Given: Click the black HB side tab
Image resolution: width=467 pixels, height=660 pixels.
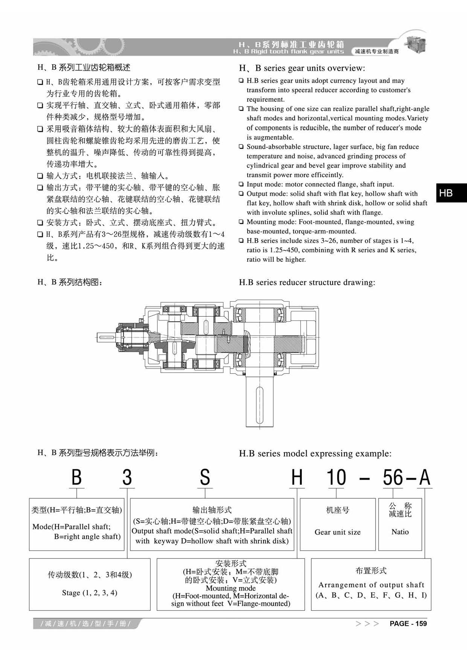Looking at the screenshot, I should coord(451,193).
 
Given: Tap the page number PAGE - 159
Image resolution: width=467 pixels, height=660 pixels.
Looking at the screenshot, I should coord(408,624).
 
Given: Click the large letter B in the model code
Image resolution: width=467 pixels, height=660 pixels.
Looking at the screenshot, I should coord(76,478).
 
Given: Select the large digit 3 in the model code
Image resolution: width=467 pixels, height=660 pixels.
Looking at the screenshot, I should coord(127,478).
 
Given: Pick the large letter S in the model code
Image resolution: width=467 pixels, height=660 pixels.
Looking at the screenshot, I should coord(205,478).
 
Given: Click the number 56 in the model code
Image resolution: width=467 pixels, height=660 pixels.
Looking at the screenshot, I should coord(393,478).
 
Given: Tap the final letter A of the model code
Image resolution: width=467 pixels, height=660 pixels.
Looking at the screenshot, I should coord(424,478).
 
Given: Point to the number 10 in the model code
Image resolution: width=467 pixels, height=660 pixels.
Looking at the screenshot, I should coord(336,478).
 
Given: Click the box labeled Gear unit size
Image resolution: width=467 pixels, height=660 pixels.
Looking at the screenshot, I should coord(338,524).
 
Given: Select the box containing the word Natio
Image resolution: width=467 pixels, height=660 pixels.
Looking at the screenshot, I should coord(400,524).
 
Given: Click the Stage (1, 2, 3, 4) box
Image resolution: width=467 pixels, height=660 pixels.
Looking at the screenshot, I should coord(90,584).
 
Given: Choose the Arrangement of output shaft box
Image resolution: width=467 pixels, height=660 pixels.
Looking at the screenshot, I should coord(371,584).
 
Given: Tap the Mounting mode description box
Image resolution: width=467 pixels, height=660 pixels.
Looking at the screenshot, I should coord(231,584).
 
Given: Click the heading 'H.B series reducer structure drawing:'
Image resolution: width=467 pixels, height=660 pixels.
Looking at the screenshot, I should coord(307,282).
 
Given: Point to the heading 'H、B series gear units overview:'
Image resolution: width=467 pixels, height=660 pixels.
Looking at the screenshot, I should coord(302,68).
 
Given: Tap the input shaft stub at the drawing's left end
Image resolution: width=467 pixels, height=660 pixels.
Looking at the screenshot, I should coord(105,338).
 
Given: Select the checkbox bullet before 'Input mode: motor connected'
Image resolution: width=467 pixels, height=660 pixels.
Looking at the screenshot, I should coord(241,184).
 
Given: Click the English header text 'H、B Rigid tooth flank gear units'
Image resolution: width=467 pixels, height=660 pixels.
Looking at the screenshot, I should coord(288,52).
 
